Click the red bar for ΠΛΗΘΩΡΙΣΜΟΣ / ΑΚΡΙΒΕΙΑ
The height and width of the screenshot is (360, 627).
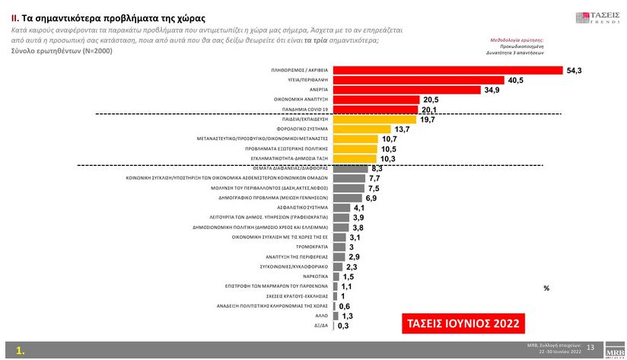pyautogui.click(x=447, y=70)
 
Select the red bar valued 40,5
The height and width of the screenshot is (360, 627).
pyautogui.click(x=419, y=80)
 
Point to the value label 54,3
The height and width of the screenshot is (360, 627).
pyautogui.click(x=575, y=70)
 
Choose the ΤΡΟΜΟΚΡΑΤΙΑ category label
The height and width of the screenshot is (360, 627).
pyautogui.click(x=312, y=247)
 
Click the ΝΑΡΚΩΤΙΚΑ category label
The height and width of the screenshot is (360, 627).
pyautogui.click(x=316, y=276)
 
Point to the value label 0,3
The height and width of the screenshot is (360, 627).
pyautogui.click(x=343, y=326)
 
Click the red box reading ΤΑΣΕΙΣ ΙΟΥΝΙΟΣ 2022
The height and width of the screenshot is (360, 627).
pyautogui.click(x=463, y=323)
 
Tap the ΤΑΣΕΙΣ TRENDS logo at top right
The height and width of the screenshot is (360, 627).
pyautogui.click(x=598, y=15)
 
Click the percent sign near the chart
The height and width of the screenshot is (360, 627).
pyautogui.click(x=546, y=288)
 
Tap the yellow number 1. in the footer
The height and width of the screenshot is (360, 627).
pyautogui.click(x=21, y=352)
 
